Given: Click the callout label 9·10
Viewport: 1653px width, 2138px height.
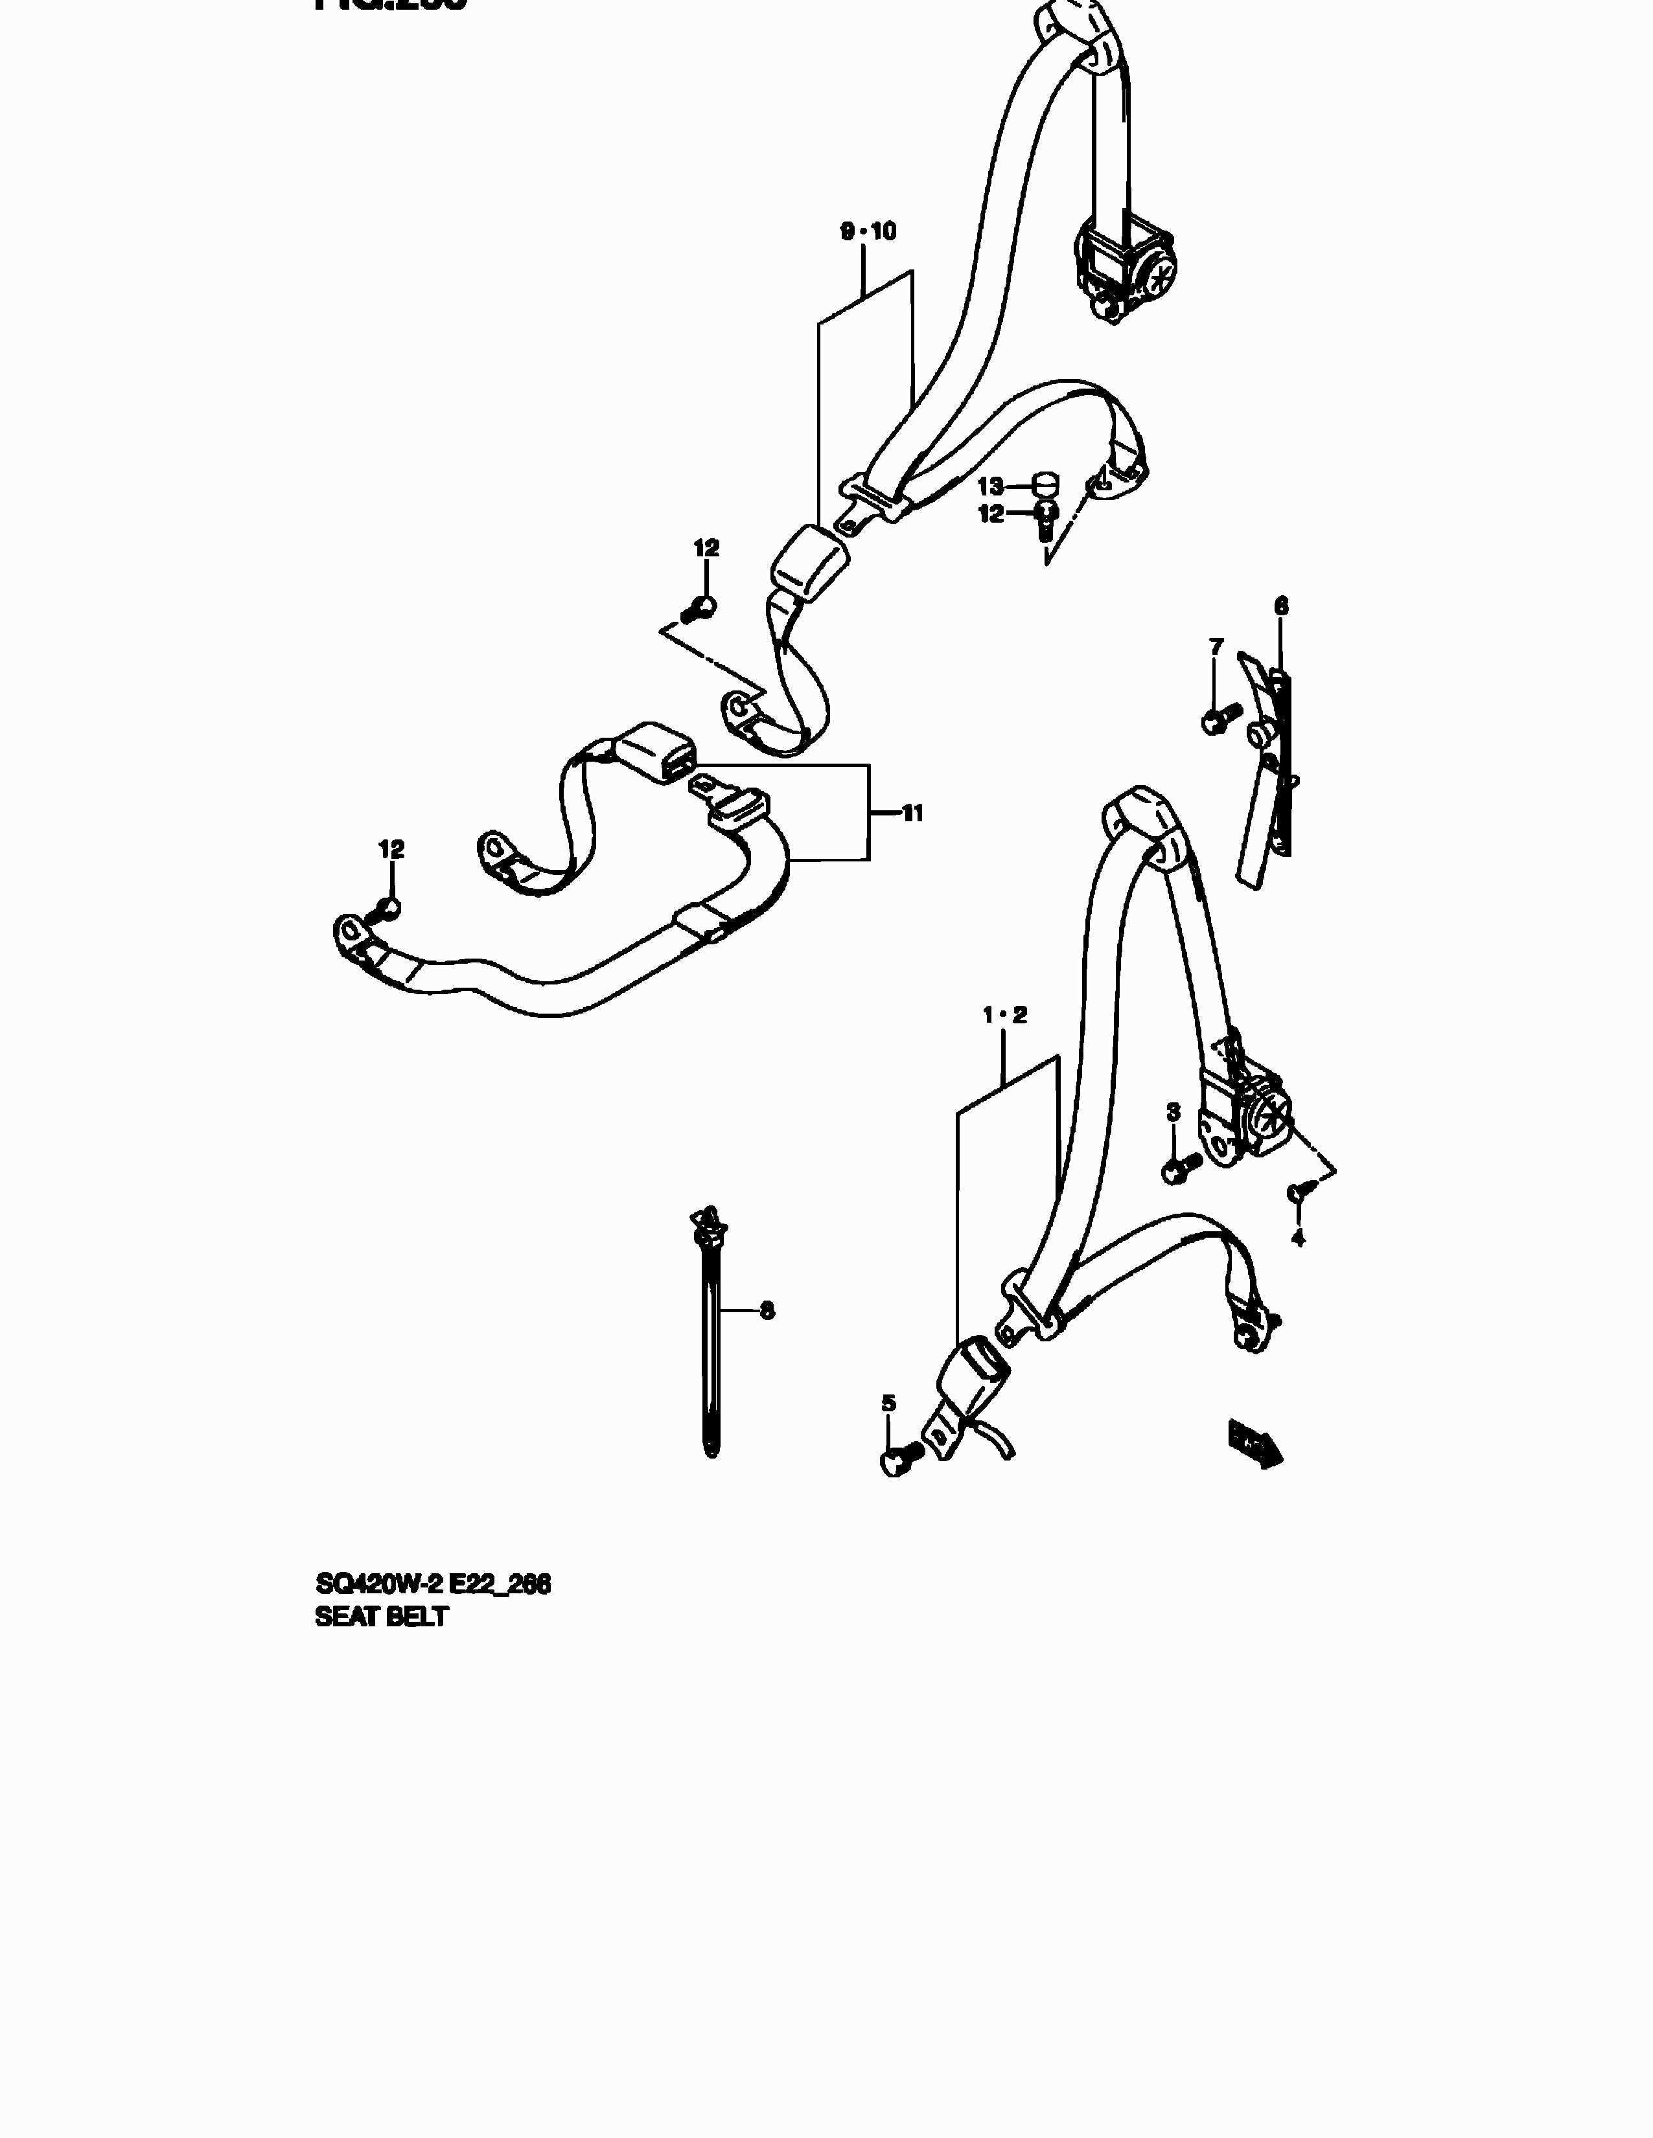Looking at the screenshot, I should (x=868, y=232).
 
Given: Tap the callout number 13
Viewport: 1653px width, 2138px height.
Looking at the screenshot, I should (x=990, y=486).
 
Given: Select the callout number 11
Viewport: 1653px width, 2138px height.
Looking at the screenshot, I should (x=912, y=813).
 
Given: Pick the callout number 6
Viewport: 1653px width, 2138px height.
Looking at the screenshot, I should (x=1281, y=606).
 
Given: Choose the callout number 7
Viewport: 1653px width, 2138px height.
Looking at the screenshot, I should (x=1216, y=646).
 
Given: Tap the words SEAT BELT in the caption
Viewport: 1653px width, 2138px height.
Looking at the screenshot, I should (x=381, y=1617).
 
